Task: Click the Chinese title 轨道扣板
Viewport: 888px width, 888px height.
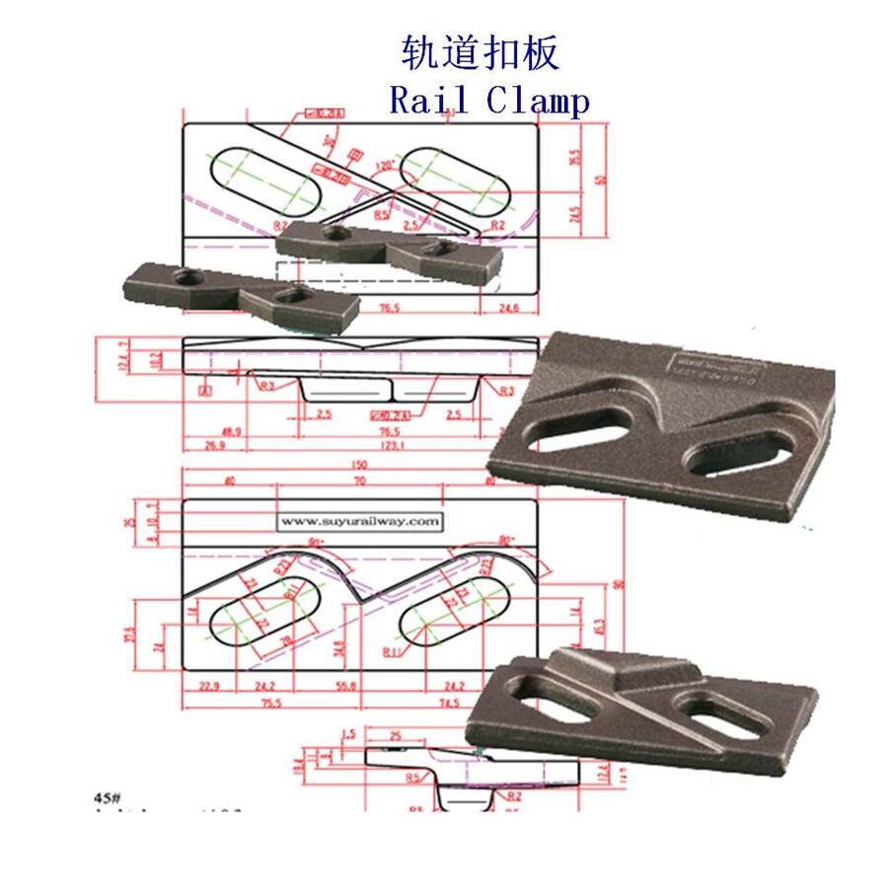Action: (481, 52)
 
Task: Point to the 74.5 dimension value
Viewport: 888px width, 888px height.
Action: (450, 703)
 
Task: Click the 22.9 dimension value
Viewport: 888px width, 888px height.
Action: (207, 686)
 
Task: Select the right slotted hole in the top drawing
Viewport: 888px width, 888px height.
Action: (455, 184)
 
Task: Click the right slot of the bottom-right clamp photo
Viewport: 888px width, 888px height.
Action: (725, 718)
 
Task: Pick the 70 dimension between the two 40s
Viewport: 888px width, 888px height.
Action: (359, 481)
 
